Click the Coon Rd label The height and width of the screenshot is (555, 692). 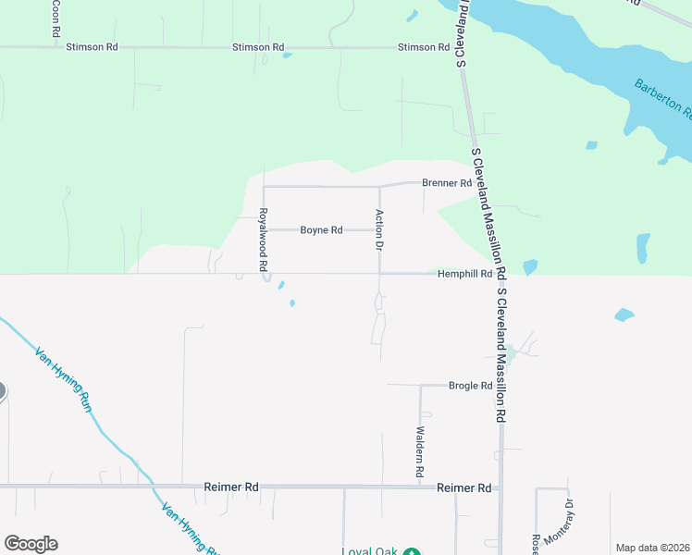[56, 18]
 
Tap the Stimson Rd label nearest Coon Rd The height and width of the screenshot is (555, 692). [92, 46]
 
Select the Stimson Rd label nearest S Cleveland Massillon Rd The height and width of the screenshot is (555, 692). [423, 47]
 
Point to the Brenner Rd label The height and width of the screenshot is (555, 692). [447, 183]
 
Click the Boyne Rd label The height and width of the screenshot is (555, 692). [321, 230]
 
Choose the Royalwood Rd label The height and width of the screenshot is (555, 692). [263, 239]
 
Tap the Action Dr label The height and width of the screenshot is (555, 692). [378, 230]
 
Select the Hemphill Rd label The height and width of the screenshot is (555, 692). [464, 274]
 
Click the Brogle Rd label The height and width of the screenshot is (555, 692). [470, 386]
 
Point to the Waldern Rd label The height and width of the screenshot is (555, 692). [419, 451]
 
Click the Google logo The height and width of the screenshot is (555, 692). [31, 544]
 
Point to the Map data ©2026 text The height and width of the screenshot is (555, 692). [653, 548]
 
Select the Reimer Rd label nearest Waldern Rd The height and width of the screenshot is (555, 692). [463, 487]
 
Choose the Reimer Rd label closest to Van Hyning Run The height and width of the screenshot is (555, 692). [231, 487]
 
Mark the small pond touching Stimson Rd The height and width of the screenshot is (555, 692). [287, 55]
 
